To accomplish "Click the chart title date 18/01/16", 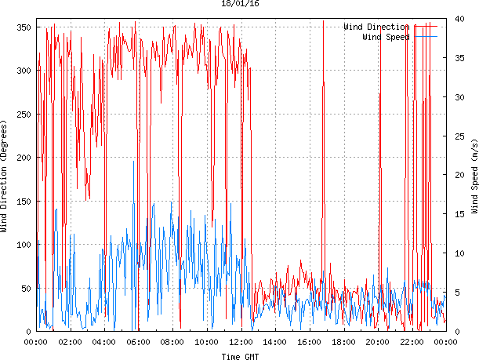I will point(240,4).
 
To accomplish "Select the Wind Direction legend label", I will point(376,27).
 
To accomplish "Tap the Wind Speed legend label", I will point(386,37).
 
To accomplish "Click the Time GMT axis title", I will point(240,356).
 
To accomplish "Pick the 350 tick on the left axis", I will point(22,27).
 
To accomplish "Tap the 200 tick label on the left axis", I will point(22,158).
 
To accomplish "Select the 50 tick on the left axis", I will point(24,289).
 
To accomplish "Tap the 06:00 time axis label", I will point(138,342).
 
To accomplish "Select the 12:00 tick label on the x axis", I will point(241,342).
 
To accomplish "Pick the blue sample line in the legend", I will point(425,37).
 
